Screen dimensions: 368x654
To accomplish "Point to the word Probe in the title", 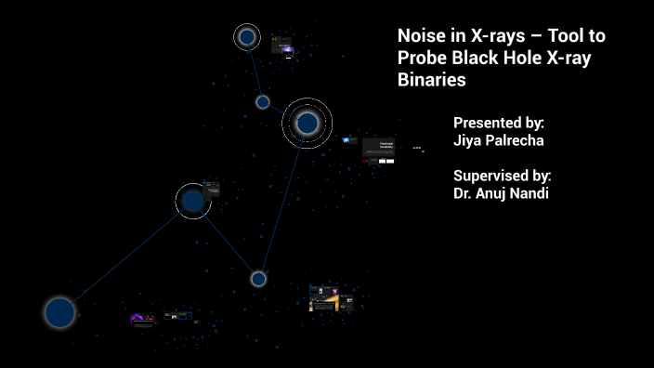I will coord(422,59).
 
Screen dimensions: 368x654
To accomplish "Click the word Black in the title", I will coord(477,59).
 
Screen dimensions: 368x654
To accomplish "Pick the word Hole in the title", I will coord(530,59).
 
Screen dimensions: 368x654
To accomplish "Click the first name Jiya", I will coord(468,141).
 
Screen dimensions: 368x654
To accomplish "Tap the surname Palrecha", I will coord(518,141).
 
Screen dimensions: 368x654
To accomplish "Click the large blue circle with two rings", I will coord(307,123).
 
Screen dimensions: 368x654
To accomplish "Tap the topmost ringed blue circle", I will coord(247,37).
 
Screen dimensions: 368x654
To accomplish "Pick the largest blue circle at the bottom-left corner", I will coord(59,313).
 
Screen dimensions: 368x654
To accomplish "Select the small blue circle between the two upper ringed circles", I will coord(263,102).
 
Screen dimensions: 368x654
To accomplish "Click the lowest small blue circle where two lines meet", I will coord(258,279).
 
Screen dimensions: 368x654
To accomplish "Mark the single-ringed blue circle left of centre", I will coord(193,201).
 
